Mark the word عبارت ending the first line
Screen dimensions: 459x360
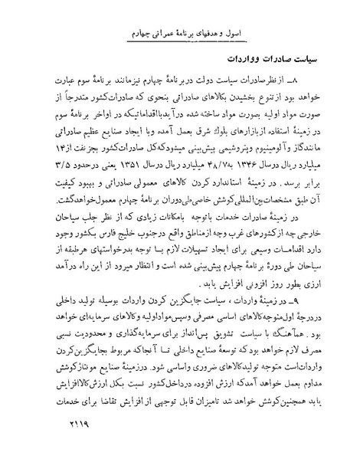pyautogui.click(x=62, y=83)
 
